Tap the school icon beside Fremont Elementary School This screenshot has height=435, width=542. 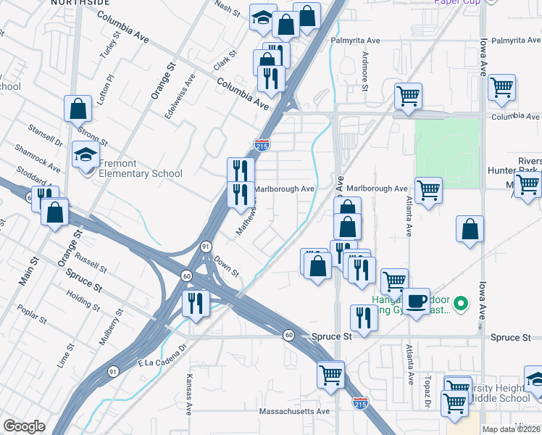pyautogui.click(x=86, y=155)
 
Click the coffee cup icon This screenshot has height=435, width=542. pyautogui.click(x=416, y=301)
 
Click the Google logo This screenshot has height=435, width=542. pyautogui.click(x=24, y=426)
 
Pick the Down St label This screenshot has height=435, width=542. pyautogui.click(x=227, y=269)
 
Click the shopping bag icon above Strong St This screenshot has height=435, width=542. pyautogui.click(x=78, y=109)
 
